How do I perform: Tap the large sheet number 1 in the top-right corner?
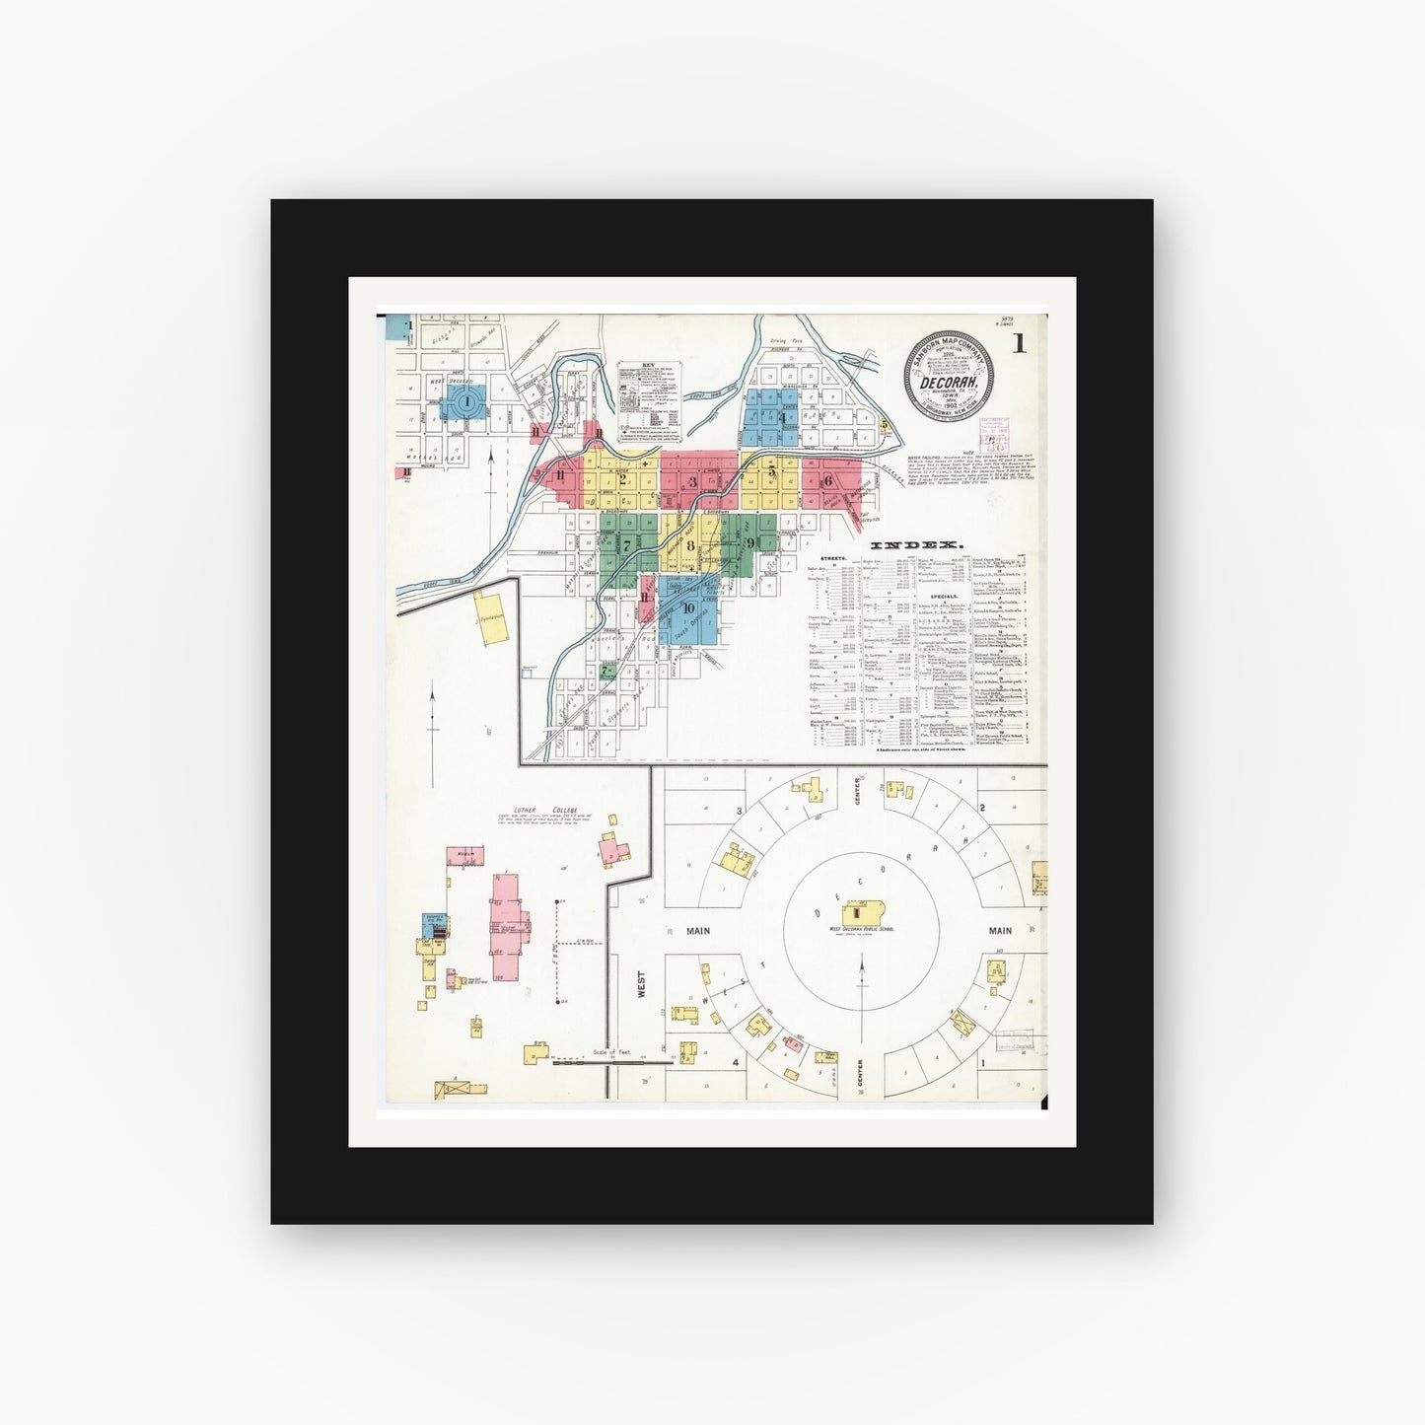pyautogui.click(x=1018, y=344)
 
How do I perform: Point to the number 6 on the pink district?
pyautogui.click(x=828, y=481)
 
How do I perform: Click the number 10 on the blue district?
pyautogui.click(x=687, y=608)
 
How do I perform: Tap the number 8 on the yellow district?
pyautogui.click(x=690, y=545)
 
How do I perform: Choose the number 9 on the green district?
pyautogui.click(x=750, y=543)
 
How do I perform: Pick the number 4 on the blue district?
pyautogui.click(x=782, y=417)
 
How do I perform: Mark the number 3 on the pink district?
pyautogui.click(x=693, y=481)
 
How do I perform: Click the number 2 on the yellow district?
pyautogui.click(x=622, y=481)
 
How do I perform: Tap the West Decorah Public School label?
pyautogui.click(x=862, y=929)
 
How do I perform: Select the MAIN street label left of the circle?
pyautogui.click(x=699, y=930)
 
